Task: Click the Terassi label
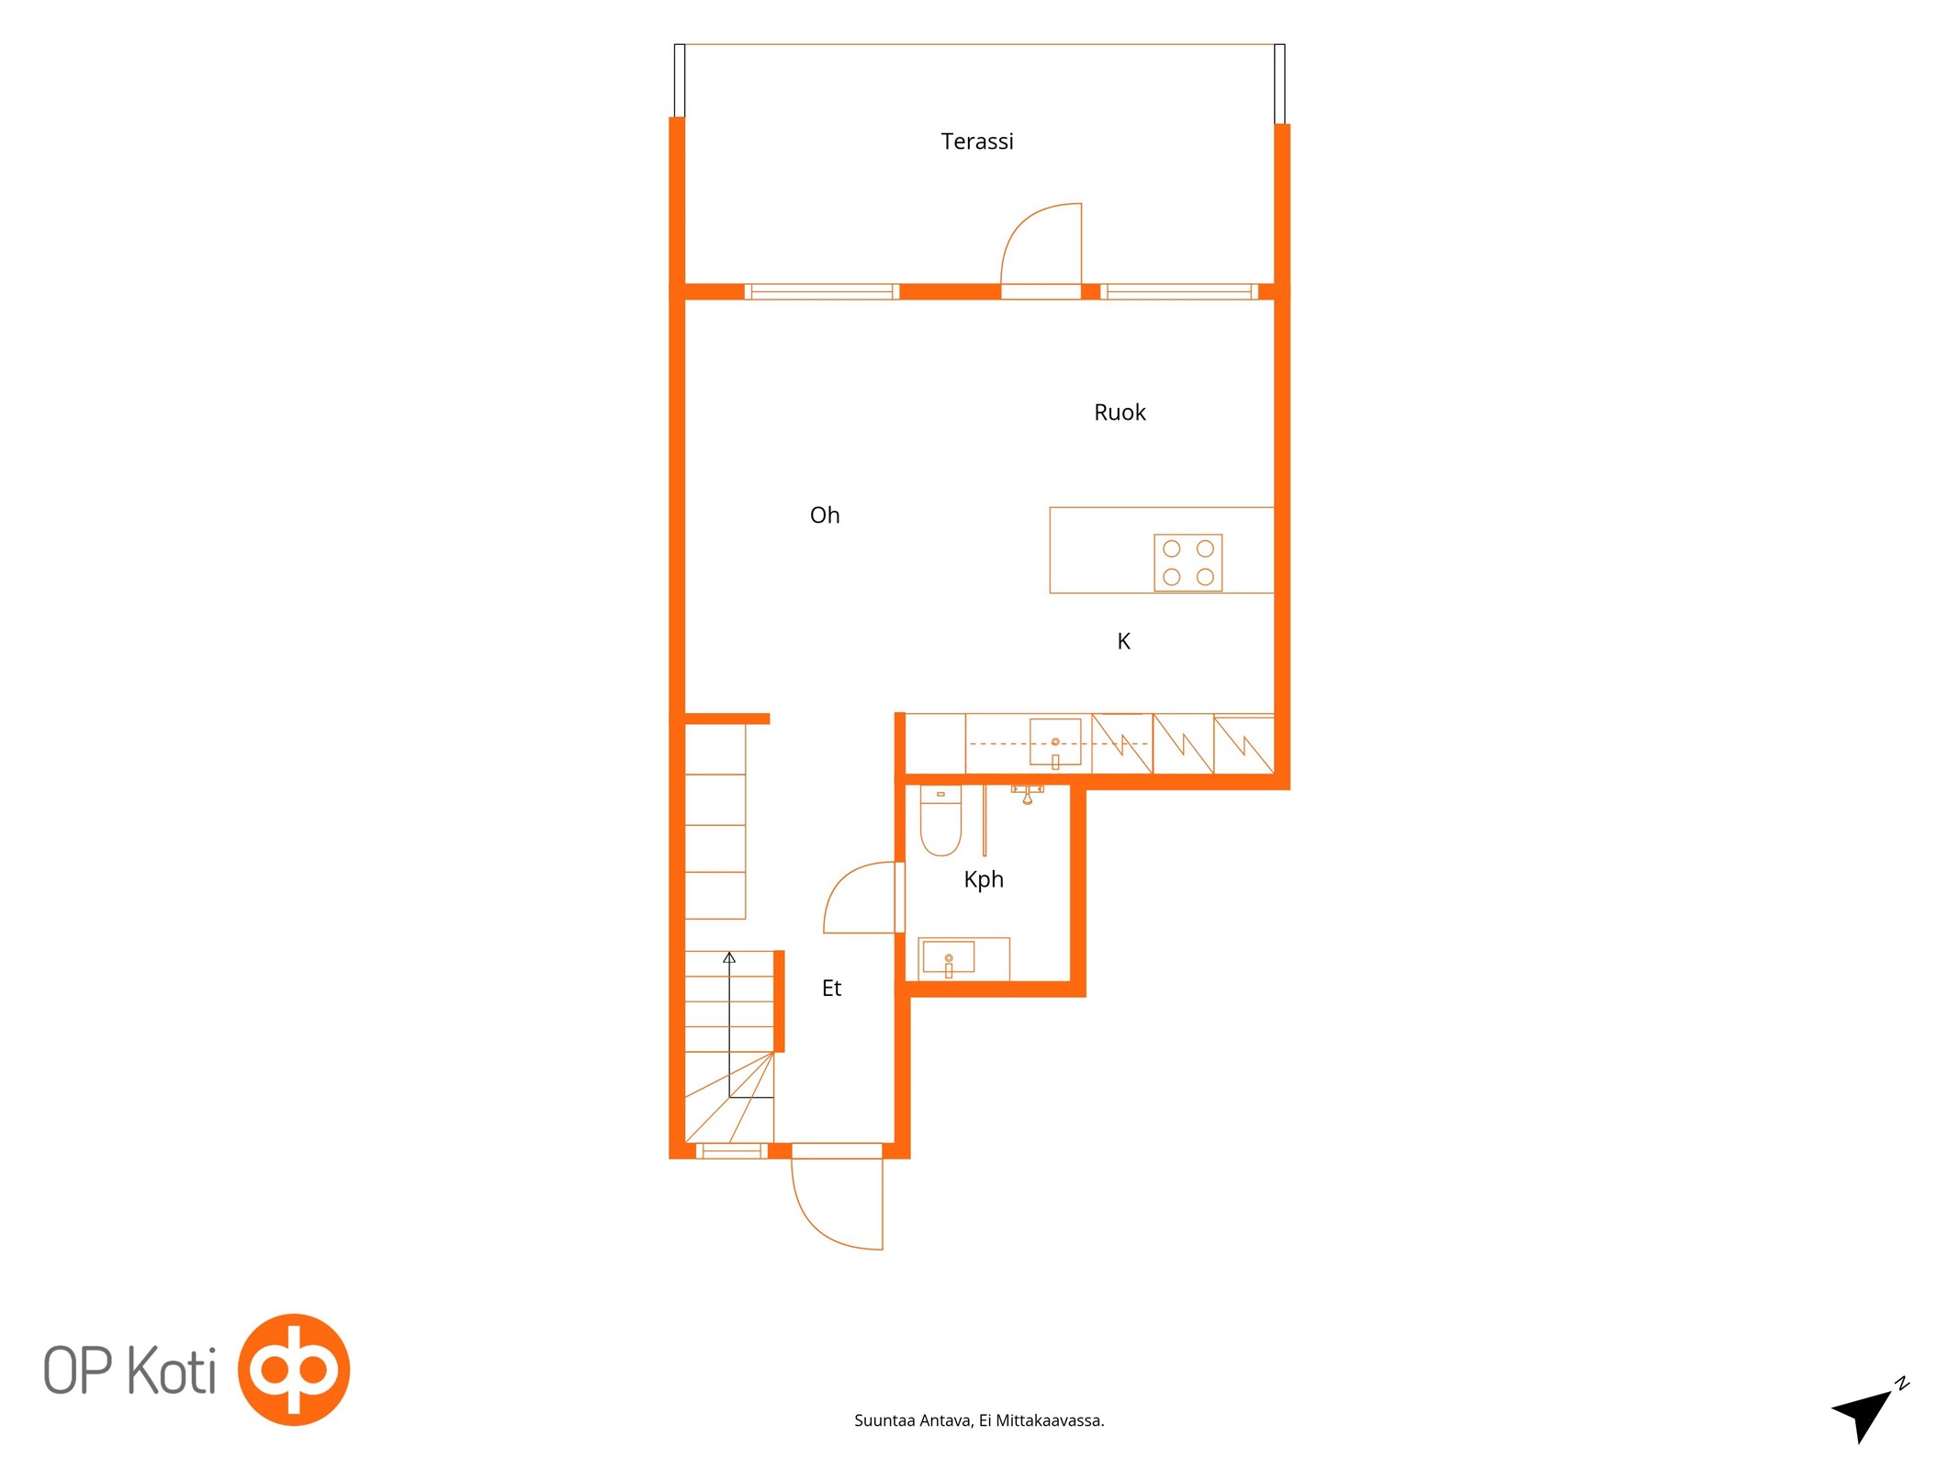click(976, 141)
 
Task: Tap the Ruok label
click(1120, 413)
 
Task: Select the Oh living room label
click(825, 515)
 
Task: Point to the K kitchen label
click(1123, 641)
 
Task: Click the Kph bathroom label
click(984, 879)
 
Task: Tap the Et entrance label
click(831, 988)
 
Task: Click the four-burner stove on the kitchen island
click(1188, 562)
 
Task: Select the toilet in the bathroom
click(940, 820)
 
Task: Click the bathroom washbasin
click(948, 957)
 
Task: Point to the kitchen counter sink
click(1055, 742)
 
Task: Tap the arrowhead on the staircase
click(729, 957)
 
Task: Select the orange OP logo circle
click(294, 1369)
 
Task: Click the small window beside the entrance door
click(731, 1150)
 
